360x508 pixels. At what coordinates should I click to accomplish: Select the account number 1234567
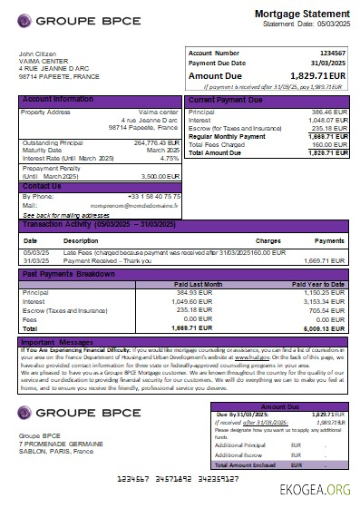click(x=330, y=54)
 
